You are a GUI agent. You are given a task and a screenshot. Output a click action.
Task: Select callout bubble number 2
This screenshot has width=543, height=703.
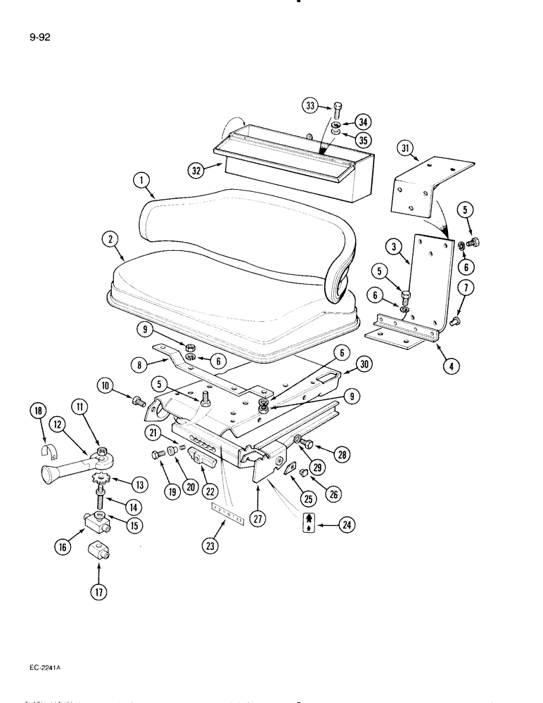click(109, 239)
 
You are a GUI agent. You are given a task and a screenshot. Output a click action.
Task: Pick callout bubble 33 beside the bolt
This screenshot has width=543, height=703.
click(312, 106)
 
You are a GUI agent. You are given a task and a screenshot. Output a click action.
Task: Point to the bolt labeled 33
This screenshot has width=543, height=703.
click(338, 110)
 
